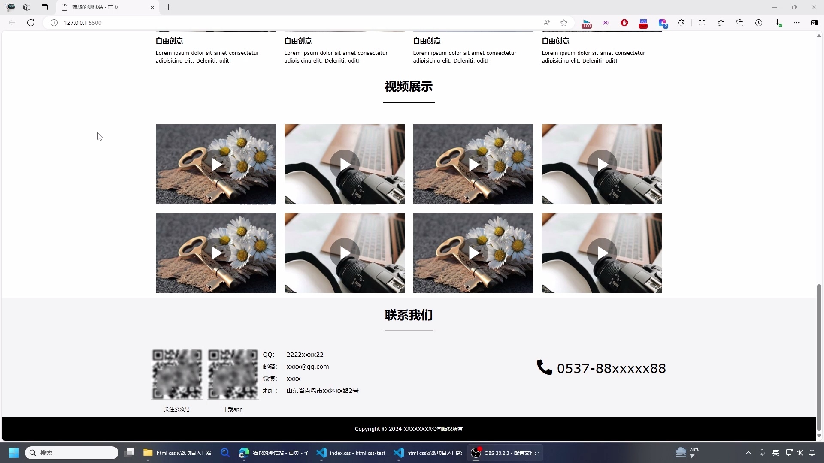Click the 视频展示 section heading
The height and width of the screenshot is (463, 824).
tap(408, 87)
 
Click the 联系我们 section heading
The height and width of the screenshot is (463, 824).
tap(408, 315)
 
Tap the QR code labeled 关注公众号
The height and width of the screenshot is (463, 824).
tap(177, 374)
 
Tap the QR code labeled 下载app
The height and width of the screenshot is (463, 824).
tap(233, 374)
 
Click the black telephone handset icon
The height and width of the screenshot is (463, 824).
tap(544, 367)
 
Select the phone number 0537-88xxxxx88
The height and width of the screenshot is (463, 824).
tap(611, 368)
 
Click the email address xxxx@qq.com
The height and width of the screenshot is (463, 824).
tap(307, 367)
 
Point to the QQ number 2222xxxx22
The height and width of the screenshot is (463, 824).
tap(305, 355)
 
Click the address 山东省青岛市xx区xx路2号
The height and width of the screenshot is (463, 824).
tap(322, 391)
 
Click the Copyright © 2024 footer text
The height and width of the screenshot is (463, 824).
tap(408, 429)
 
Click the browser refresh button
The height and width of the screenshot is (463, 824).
tap(31, 23)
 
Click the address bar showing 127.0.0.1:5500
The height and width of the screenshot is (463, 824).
tap(257, 23)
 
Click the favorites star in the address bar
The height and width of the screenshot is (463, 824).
tap(564, 23)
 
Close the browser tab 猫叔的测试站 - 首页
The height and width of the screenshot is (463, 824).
tap(152, 7)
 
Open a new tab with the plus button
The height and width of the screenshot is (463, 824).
tap(168, 7)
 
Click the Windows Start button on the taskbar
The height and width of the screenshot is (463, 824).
tap(14, 453)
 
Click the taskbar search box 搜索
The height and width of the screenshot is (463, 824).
tap(72, 453)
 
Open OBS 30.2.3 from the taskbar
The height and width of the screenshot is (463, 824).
tap(506, 453)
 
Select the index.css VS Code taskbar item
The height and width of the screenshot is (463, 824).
tap(351, 453)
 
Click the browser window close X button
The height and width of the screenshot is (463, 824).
tap(814, 7)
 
